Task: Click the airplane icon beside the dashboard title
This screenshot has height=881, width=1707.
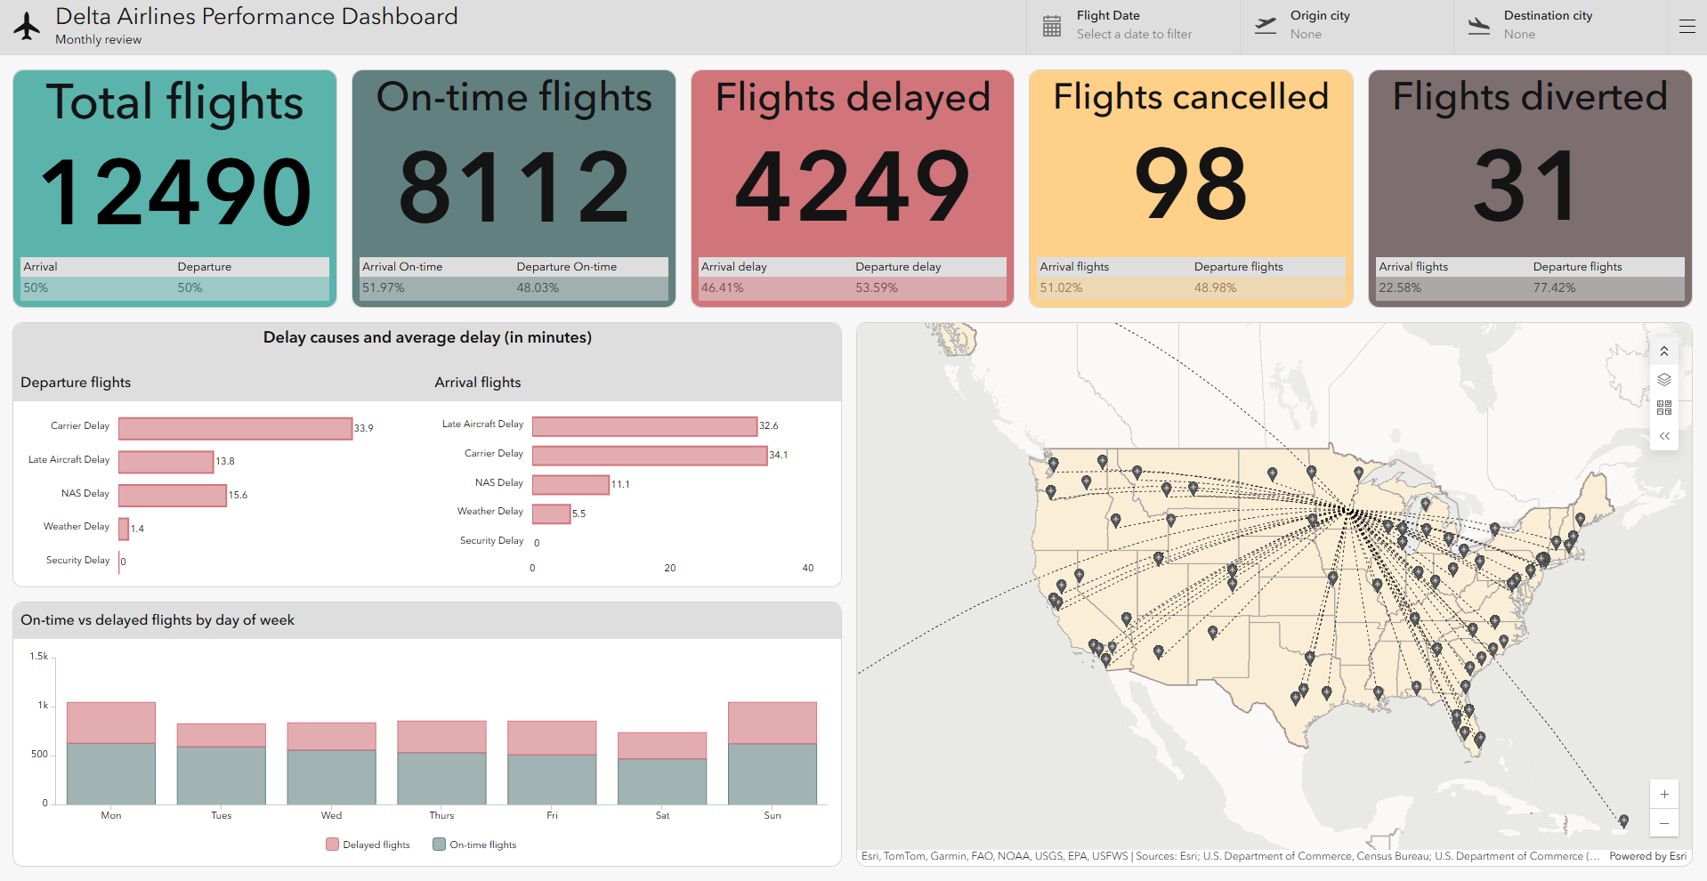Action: [x=28, y=27]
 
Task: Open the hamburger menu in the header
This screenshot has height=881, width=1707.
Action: [x=1687, y=27]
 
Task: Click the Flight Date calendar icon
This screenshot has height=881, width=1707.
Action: [x=1052, y=27]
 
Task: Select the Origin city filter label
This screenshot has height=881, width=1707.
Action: [x=1320, y=15]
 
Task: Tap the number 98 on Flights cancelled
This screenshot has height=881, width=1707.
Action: [x=1191, y=184]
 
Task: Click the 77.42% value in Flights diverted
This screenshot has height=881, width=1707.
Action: [x=1554, y=287]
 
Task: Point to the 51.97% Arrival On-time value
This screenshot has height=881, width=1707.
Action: [x=384, y=287]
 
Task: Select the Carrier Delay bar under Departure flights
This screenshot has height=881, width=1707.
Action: [x=235, y=428]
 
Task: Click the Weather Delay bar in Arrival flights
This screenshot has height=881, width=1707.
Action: [x=551, y=513]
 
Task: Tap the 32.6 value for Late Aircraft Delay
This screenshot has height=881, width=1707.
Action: [x=769, y=425]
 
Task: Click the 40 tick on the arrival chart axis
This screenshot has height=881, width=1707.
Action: [x=807, y=568]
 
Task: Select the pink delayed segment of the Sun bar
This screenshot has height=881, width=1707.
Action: [x=772, y=723]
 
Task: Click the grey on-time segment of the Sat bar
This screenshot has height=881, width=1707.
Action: [x=662, y=781]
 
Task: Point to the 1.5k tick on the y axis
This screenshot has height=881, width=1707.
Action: [x=39, y=656]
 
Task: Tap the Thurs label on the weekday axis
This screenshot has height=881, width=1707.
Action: [x=441, y=815]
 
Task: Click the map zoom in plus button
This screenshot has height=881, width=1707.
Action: [x=1663, y=795]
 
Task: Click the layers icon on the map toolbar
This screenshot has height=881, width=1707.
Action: [x=1663, y=380]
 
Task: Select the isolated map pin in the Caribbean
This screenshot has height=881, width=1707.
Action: [x=1623, y=820]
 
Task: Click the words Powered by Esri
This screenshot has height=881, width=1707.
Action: [x=1647, y=856]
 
